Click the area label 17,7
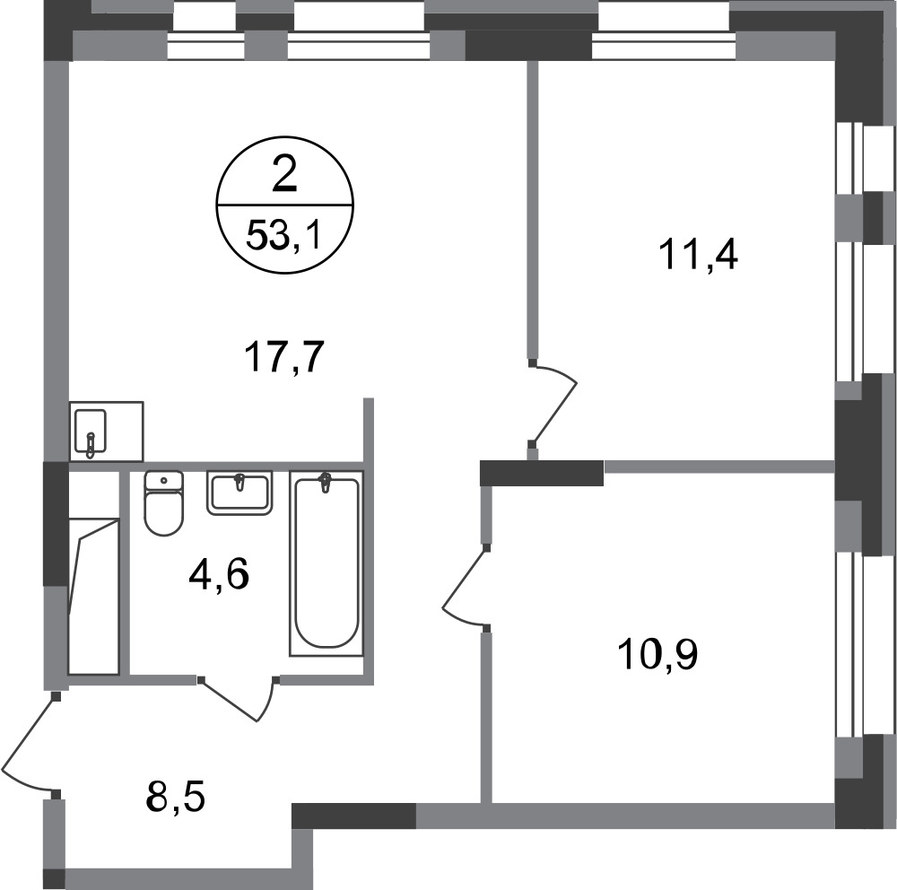coord(284,357)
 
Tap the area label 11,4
coord(699,256)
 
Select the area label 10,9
coord(658,655)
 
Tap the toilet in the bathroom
coord(164,502)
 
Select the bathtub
coord(327,563)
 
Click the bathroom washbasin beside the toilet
coord(239,493)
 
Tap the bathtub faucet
coord(326,482)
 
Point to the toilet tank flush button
coord(164,480)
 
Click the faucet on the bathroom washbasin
coord(239,482)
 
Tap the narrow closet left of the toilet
coord(94,572)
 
